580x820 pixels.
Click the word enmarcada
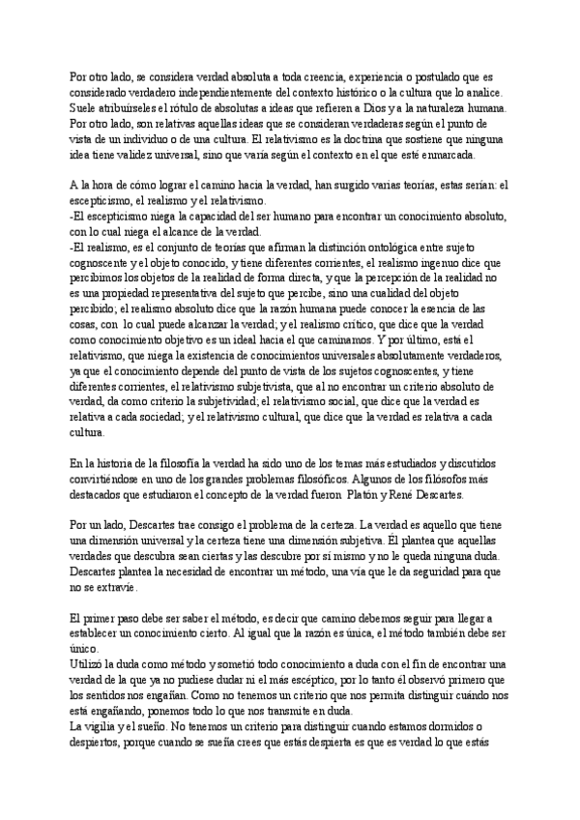pos(460,156)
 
